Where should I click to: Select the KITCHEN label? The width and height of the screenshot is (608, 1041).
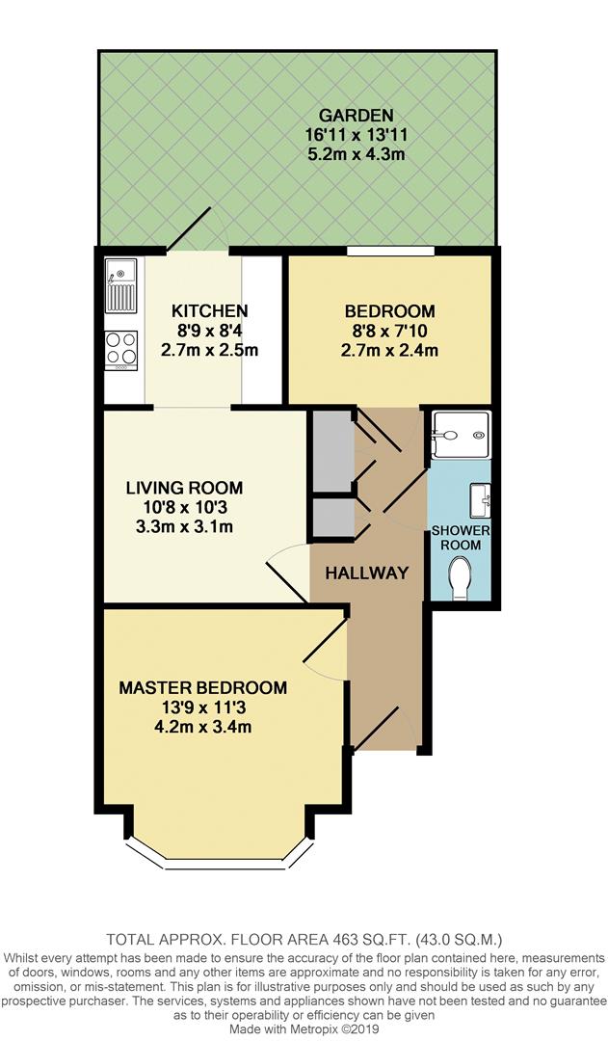pyautogui.click(x=210, y=310)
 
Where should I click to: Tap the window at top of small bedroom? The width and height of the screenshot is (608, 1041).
pyautogui.click(x=390, y=252)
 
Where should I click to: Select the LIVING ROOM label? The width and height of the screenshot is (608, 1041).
pyautogui.click(x=184, y=488)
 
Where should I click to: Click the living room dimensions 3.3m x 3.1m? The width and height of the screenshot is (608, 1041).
pyautogui.click(x=184, y=526)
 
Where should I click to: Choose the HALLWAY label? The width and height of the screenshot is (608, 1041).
pyautogui.click(x=366, y=573)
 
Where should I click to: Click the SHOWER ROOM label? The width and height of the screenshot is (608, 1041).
pyautogui.click(x=461, y=538)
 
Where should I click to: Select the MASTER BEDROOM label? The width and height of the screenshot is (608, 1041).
pyautogui.click(x=202, y=687)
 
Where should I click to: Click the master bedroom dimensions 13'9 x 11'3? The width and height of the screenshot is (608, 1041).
pyautogui.click(x=202, y=707)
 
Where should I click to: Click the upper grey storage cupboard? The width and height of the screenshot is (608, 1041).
pyautogui.click(x=330, y=450)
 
